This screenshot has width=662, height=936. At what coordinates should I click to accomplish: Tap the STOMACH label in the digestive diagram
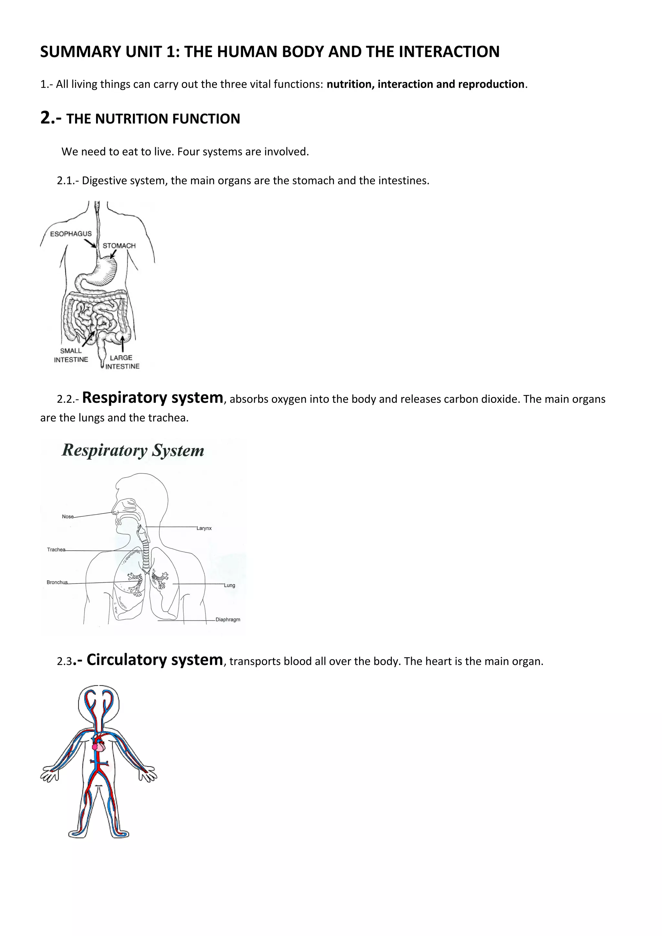tap(119, 245)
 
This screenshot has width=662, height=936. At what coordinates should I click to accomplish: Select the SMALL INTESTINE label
tap(71, 355)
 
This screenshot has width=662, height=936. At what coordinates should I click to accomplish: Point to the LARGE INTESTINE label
tap(122, 362)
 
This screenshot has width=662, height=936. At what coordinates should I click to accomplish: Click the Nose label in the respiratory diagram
tap(67, 516)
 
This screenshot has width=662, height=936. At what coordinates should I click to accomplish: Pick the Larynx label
tap(204, 528)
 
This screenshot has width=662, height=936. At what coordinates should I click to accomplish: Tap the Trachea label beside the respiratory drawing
tap(56, 549)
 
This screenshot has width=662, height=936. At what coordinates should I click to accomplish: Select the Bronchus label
tap(57, 582)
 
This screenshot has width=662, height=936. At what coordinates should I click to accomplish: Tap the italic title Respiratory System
tap(133, 450)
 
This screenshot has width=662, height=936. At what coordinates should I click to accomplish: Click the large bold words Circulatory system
tap(155, 659)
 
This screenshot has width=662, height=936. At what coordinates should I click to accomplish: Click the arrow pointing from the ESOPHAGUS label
tap(90, 243)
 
